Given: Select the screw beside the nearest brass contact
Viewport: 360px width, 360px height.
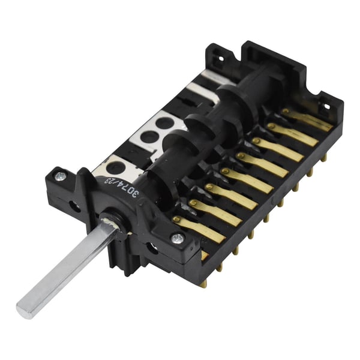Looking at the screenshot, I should [177, 238].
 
